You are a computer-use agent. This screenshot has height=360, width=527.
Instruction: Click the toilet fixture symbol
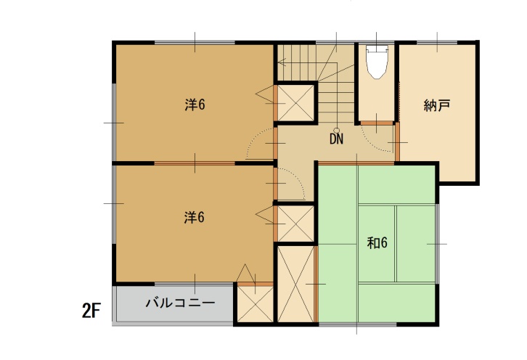[x=377, y=62]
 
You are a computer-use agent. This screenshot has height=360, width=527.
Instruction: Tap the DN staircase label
[x=336, y=139]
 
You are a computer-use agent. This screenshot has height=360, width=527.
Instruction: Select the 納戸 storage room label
[x=436, y=105]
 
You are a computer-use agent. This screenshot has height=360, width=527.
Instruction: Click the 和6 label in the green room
[x=377, y=242]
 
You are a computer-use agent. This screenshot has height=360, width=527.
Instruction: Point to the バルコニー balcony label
[x=180, y=303]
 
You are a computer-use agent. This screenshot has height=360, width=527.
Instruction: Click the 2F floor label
[x=91, y=311]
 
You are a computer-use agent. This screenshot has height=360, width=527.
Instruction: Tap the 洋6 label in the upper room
[x=195, y=105]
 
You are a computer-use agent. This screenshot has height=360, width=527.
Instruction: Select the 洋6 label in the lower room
[x=195, y=218]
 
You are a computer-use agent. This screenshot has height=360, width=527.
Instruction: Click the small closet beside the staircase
[x=296, y=102]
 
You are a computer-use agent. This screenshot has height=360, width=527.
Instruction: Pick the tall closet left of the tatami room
[x=295, y=284]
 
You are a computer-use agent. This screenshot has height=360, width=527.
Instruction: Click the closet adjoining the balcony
[x=256, y=304]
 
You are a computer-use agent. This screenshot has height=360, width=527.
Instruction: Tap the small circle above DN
[x=336, y=131]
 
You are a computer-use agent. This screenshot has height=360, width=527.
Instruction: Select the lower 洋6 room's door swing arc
[x=298, y=178]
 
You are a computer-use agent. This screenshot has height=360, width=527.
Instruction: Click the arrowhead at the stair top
[x=282, y=62]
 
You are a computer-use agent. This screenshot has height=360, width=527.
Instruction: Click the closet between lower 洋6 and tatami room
[x=296, y=224]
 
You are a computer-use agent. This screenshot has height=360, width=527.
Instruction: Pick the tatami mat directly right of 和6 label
[x=416, y=244]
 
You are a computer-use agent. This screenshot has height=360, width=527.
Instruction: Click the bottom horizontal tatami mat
[x=397, y=303]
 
